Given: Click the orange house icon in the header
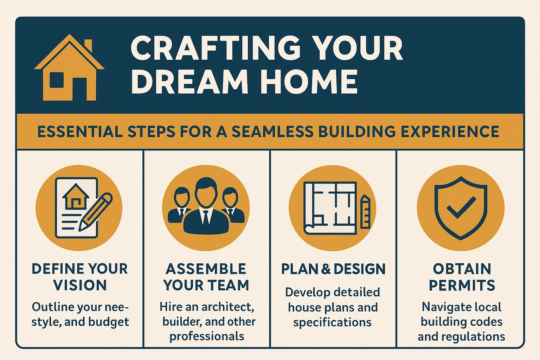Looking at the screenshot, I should [x=69, y=69].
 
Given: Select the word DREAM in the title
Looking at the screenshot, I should [x=190, y=82].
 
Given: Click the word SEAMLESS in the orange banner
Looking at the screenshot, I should [x=272, y=132].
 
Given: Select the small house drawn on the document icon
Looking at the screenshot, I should [x=75, y=197].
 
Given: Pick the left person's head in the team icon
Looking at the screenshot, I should [x=182, y=197].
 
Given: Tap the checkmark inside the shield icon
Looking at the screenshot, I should [x=461, y=207].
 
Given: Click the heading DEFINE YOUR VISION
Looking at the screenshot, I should [x=80, y=277].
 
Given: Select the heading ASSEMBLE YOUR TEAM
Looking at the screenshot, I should [x=206, y=277].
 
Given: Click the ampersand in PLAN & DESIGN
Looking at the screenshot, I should [x=326, y=269].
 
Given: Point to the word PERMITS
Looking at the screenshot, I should [x=462, y=285].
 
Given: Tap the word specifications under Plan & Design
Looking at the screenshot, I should [x=332, y=322].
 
